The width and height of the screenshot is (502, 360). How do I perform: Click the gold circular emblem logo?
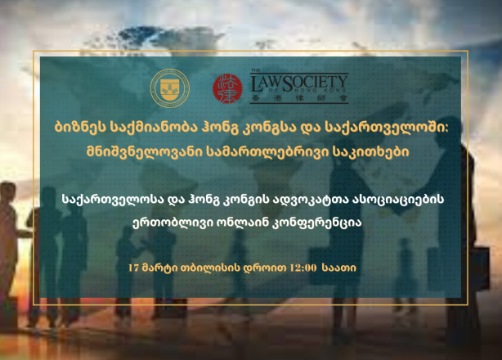pos(170,88)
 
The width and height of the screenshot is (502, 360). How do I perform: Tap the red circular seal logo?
pos(227,88)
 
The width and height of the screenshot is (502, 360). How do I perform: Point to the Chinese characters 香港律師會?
pos(300,98)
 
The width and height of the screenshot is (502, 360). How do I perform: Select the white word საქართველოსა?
pos(114,199)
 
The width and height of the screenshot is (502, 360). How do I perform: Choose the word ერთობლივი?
pos(173,223)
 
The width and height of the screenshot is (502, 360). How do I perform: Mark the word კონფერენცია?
pos(316,223)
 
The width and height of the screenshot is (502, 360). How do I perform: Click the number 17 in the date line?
pos(133,268)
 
